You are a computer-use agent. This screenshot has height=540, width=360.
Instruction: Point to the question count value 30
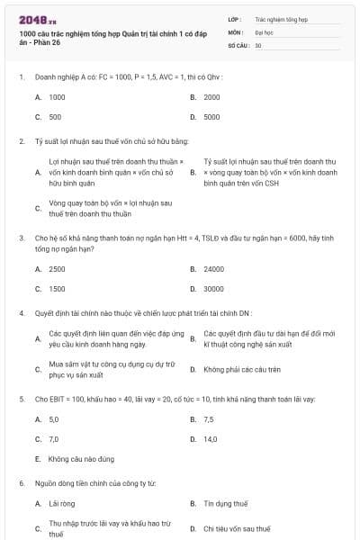pos(258,45)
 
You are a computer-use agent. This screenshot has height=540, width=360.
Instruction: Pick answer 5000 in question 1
pos(211,117)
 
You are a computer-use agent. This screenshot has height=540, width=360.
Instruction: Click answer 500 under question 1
pos(56,117)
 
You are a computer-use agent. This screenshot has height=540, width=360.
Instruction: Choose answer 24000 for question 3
pos(213,269)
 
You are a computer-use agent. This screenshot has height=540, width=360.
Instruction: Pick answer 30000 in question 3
pos(213,289)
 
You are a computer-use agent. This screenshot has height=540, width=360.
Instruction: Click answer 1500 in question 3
pos(57,289)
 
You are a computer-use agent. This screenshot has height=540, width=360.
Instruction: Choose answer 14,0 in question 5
pos(211,439)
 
